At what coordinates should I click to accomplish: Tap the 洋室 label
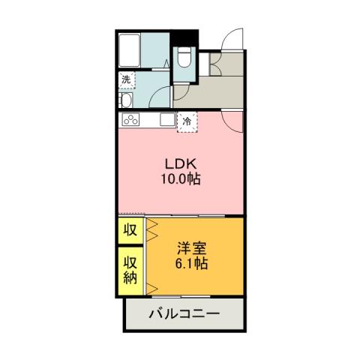(191, 248)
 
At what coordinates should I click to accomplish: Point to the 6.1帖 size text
(191, 264)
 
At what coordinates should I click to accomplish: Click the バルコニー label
(184, 313)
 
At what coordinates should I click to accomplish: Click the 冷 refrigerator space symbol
(186, 120)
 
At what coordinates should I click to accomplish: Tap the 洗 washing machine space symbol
(127, 79)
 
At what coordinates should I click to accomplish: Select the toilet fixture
(184, 60)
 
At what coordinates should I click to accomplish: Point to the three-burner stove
(130, 120)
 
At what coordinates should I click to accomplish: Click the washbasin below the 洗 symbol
(125, 100)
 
